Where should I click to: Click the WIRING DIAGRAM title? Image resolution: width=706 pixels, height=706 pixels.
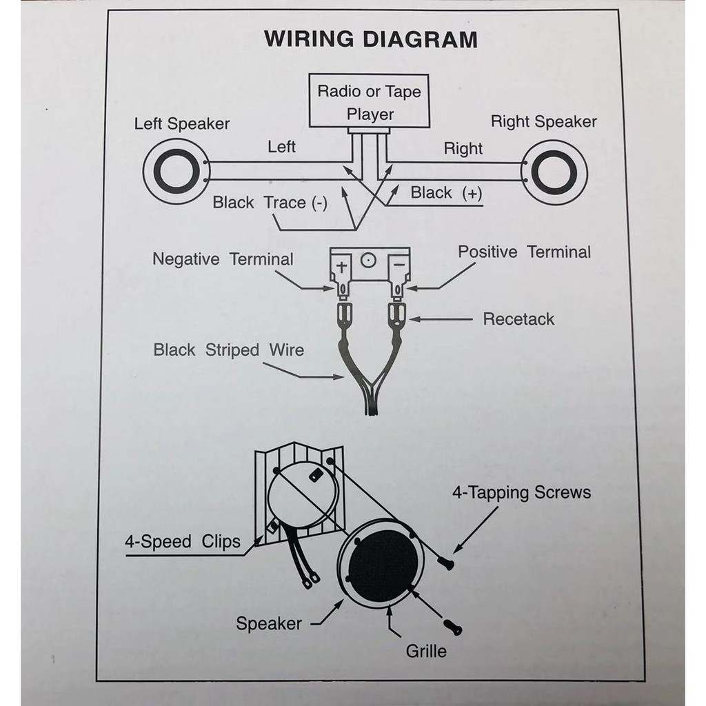(370, 39)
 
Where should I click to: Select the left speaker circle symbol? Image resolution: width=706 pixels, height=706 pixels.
(176, 171)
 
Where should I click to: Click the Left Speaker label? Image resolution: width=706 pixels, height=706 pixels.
(182, 124)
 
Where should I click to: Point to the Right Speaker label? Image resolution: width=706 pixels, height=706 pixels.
(543, 122)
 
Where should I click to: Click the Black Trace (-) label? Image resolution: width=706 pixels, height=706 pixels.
(270, 203)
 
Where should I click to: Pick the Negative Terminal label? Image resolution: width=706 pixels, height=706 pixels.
(223, 259)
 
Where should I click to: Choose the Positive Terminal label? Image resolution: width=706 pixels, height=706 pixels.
(524, 252)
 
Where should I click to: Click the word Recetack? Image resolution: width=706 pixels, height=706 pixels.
(518, 319)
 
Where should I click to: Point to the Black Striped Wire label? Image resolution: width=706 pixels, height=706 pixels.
(228, 350)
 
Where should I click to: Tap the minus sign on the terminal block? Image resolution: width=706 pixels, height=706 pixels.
(397, 263)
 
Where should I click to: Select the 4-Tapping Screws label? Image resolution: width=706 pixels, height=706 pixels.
(521, 493)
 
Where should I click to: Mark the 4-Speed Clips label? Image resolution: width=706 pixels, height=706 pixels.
(183, 541)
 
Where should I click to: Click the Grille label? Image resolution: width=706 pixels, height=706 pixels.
(426, 651)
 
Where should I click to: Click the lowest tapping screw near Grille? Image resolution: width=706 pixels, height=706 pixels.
(454, 627)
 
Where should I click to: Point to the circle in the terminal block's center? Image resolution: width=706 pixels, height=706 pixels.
(369, 261)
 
